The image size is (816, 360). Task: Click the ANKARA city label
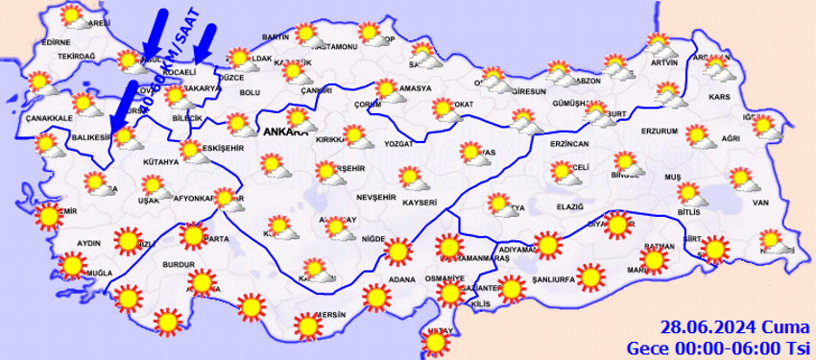pos(284,132)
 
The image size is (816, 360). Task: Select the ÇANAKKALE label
pos(45,117)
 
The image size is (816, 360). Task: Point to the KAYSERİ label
pos(420,203)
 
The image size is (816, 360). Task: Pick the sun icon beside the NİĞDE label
pos(397,252)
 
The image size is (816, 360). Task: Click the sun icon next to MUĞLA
pos(70,266)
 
